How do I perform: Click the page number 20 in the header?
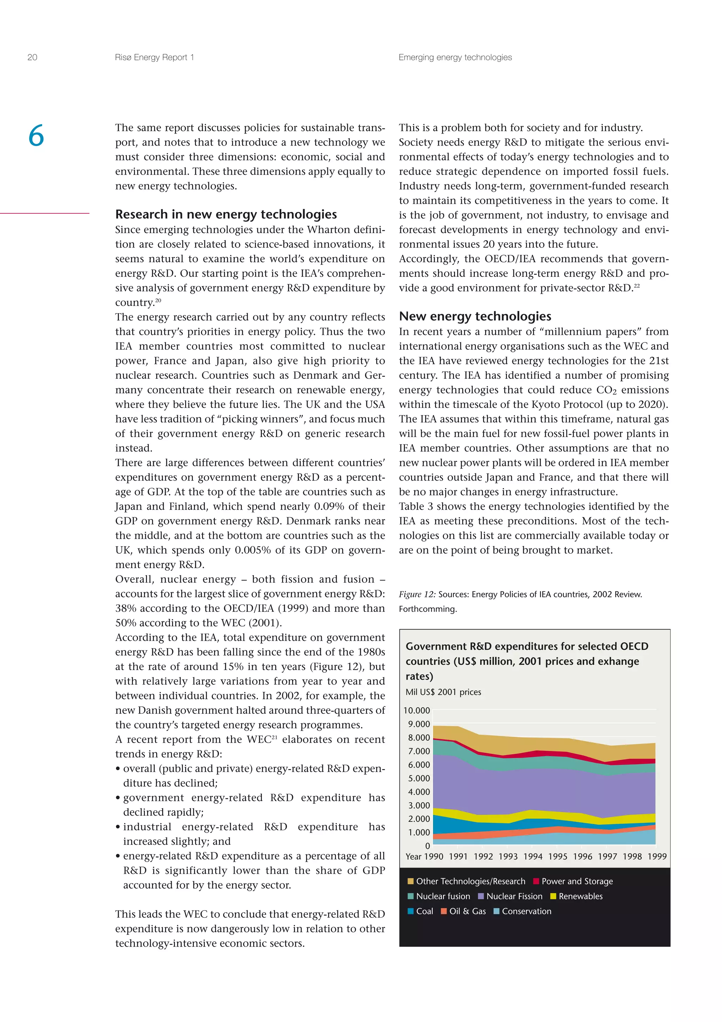coord(32,57)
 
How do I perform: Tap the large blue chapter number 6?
coord(36,136)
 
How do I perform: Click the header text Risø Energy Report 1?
coord(154,57)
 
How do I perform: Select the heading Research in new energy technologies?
coord(226,214)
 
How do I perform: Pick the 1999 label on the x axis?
coord(657,856)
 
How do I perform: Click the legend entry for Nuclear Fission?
coord(514,896)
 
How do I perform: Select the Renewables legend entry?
coord(580,896)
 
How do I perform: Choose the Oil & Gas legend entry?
coord(467,911)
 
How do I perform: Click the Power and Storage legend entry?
coord(576,881)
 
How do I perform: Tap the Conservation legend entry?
coord(526,911)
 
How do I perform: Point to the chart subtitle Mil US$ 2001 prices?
coord(443,692)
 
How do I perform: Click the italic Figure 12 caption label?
coord(417,594)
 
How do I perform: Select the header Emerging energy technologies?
coord(455,57)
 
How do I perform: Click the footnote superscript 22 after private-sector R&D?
coord(637,286)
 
